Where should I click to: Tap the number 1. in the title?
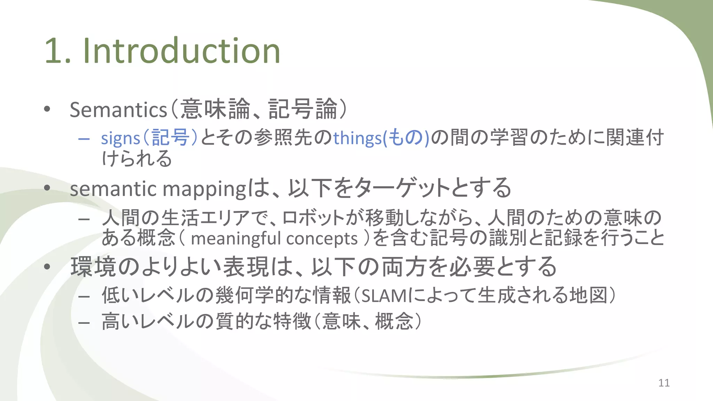(58, 52)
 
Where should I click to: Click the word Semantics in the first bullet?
(118, 110)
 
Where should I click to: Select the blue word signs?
(120, 138)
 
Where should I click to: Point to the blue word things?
(358, 138)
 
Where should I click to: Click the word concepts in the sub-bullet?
(322, 239)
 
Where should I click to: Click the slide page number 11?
(664, 383)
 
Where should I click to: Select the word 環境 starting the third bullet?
(93, 267)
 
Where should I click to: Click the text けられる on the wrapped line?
(137, 159)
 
